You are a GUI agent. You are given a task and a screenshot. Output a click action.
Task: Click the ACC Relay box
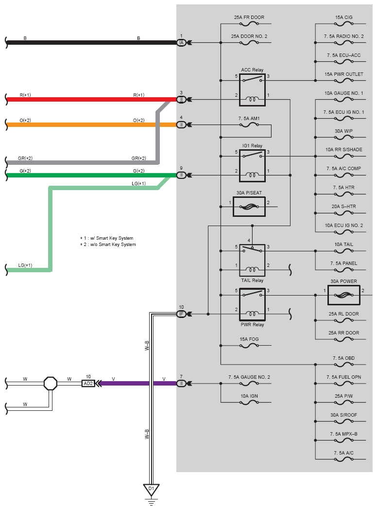tap(240, 90)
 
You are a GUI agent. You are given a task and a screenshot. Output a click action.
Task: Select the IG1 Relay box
tap(240, 166)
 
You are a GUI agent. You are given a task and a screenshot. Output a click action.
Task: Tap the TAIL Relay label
tap(252, 281)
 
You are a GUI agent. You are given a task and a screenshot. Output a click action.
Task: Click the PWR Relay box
tap(240, 304)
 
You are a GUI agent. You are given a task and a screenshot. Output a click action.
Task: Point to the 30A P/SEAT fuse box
tap(234, 207)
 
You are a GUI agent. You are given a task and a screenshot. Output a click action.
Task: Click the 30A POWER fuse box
tap(328, 295)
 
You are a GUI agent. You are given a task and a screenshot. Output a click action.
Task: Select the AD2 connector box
tap(88, 384)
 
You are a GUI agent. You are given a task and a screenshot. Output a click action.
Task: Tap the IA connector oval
tap(181, 43)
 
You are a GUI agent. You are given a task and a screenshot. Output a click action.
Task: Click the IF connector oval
tap(181, 314)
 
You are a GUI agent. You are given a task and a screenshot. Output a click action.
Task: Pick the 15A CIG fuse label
tap(343, 17)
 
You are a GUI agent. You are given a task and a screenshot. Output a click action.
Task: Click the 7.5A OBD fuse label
tap(343, 358)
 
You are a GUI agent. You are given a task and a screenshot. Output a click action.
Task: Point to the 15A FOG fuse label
tap(249, 339)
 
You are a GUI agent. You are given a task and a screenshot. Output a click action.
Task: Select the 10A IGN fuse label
tap(249, 396)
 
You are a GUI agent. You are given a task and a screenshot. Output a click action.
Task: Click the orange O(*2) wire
tap(91, 124)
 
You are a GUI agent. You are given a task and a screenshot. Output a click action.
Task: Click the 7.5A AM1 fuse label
tap(249, 119)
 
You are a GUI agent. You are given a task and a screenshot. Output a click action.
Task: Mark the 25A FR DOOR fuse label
tap(249, 17)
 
